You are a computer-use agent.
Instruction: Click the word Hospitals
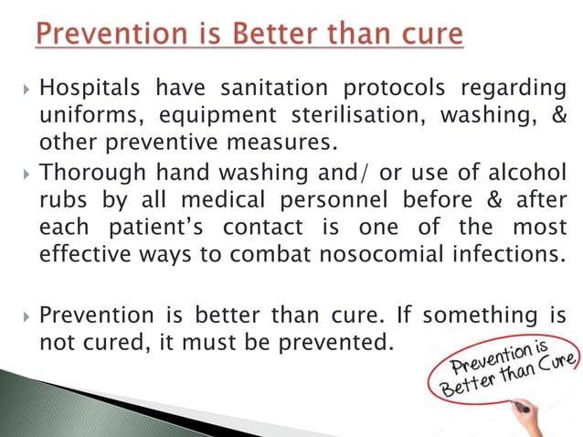click(88, 89)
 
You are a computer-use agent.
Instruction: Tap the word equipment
click(208, 116)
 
